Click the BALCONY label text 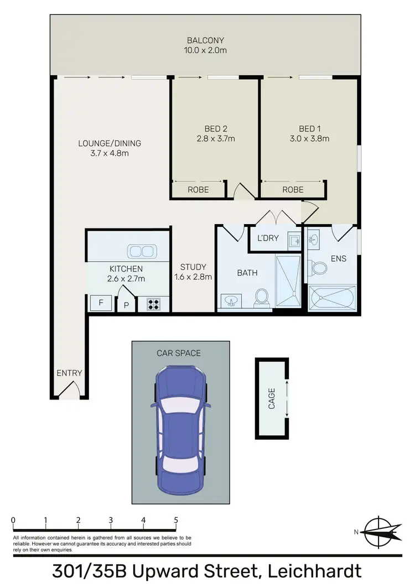(205, 40)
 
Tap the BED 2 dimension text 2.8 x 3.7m (216, 138)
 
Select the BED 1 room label (310, 129)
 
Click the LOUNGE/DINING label (109, 143)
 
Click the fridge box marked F (101, 303)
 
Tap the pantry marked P (126, 305)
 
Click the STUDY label (193, 267)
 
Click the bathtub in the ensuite (332, 299)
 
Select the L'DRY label (268, 238)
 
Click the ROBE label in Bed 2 (198, 189)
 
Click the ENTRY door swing (71, 391)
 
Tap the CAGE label (271, 398)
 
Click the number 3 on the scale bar (111, 520)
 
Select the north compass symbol (379, 532)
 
